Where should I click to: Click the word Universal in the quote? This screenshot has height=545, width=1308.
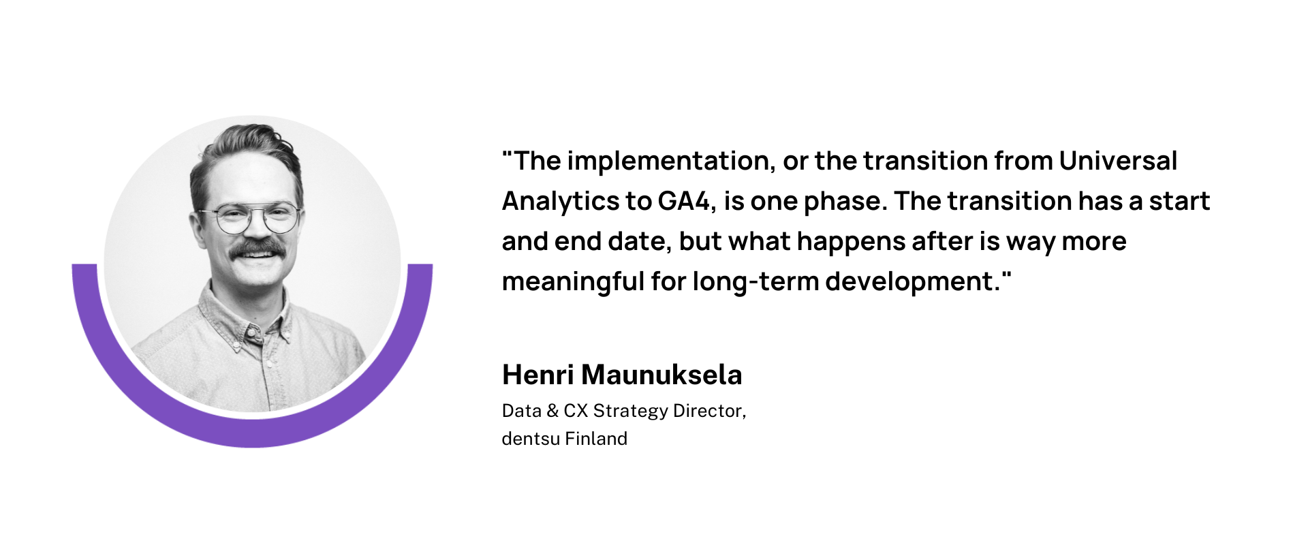tap(1118, 161)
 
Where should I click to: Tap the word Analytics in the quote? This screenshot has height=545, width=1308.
tap(560, 202)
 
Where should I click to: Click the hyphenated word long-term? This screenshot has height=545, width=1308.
tap(756, 281)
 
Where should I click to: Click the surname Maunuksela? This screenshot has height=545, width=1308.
tap(661, 375)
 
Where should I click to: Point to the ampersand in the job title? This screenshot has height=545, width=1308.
tap(552, 411)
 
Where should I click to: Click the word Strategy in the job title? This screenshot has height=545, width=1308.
tap(631, 411)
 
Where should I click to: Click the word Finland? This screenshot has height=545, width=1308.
tap(596, 439)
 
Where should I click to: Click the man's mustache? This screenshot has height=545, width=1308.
tap(257, 249)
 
